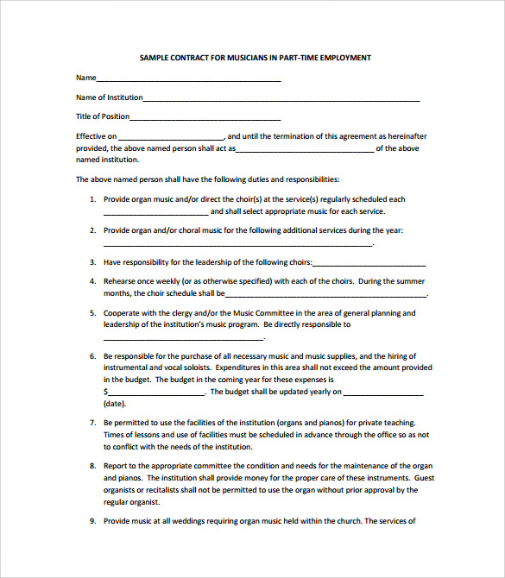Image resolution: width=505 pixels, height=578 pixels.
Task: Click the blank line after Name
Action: point(189,79)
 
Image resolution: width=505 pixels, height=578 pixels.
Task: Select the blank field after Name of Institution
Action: point(281,99)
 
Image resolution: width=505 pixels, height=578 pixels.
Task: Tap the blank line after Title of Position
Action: point(205,118)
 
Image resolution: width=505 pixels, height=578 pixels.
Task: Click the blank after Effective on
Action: point(171,138)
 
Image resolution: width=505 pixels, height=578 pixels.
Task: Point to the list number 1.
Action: point(92,199)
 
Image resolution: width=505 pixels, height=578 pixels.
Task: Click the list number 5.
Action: point(92,313)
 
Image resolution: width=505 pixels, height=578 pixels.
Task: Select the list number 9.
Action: point(92,521)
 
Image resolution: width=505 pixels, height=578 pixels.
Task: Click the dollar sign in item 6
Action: point(105,392)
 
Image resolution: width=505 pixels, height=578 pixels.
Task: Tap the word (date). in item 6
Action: point(115,404)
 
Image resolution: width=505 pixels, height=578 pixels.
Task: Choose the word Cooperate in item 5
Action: point(123,313)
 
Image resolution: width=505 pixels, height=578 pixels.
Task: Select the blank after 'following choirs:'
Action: point(369,264)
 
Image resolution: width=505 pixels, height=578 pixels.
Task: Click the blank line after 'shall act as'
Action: point(305,149)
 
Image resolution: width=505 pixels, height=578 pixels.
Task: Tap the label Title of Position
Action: point(103,116)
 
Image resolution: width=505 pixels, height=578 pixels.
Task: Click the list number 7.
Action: point(92,423)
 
